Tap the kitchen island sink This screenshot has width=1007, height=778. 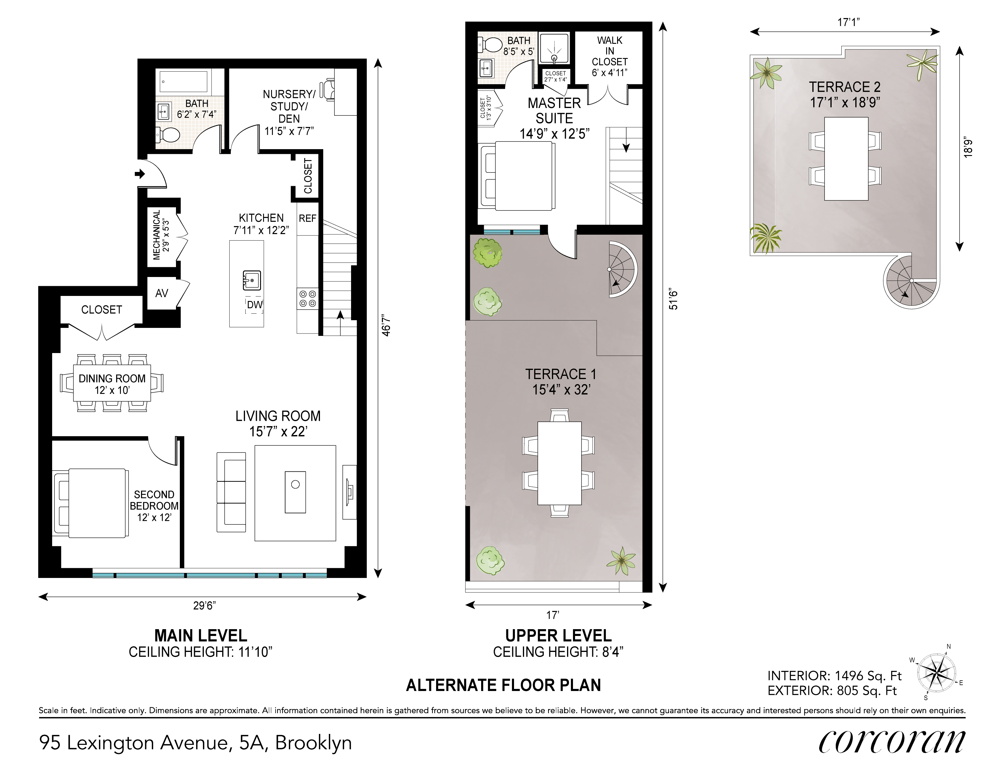pyautogui.click(x=252, y=280)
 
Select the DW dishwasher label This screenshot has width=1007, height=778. pyautogui.click(x=254, y=305)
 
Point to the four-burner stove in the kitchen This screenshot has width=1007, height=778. pyautogui.click(x=308, y=298)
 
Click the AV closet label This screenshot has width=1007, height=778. pyautogui.click(x=162, y=293)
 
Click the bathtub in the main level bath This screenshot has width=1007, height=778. pyautogui.click(x=183, y=82)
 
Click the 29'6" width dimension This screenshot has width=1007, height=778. pyautogui.click(x=204, y=605)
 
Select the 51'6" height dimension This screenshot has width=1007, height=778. pyautogui.click(x=674, y=299)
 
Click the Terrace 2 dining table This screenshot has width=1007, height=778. pyautogui.click(x=846, y=158)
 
